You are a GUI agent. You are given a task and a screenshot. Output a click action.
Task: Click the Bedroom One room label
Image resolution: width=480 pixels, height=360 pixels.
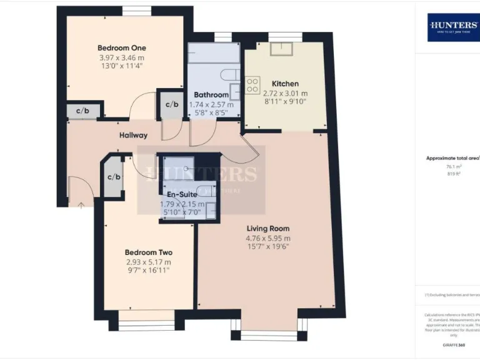[x=122, y=48]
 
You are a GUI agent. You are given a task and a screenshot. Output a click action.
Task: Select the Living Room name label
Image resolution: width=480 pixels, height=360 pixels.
[x=268, y=229]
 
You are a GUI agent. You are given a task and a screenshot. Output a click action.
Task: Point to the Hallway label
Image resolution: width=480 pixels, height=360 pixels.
[x=134, y=135]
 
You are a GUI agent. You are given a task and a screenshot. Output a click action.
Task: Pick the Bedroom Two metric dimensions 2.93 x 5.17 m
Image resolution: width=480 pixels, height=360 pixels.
[x=148, y=262]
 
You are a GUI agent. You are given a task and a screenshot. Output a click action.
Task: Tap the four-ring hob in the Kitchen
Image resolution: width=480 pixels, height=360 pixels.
[x=253, y=85]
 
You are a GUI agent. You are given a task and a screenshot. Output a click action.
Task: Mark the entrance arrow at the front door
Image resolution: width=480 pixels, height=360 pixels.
[x=80, y=203]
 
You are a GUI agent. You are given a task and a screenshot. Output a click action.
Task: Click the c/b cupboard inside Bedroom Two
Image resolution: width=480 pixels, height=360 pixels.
[x=113, y=177]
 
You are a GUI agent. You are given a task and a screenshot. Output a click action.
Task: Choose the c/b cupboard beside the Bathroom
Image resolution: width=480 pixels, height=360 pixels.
[x=171, y=104]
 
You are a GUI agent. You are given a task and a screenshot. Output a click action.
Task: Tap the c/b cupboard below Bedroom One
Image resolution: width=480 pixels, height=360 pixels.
[x=82, y=112]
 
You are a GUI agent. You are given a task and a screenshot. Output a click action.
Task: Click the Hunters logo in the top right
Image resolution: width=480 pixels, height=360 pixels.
[x=453, y=27]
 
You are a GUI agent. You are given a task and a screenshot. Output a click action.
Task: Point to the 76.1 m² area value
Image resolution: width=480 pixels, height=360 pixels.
[x=452, y=167]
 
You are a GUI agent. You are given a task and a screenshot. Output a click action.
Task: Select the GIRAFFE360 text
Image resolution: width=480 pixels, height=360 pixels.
[x=452, y=345]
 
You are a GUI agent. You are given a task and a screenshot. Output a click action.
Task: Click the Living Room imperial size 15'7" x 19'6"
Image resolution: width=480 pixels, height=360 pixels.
[x=268, y=246]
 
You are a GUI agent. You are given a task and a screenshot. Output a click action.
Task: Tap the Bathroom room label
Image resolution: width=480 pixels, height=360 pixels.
[x=211, y=95]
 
